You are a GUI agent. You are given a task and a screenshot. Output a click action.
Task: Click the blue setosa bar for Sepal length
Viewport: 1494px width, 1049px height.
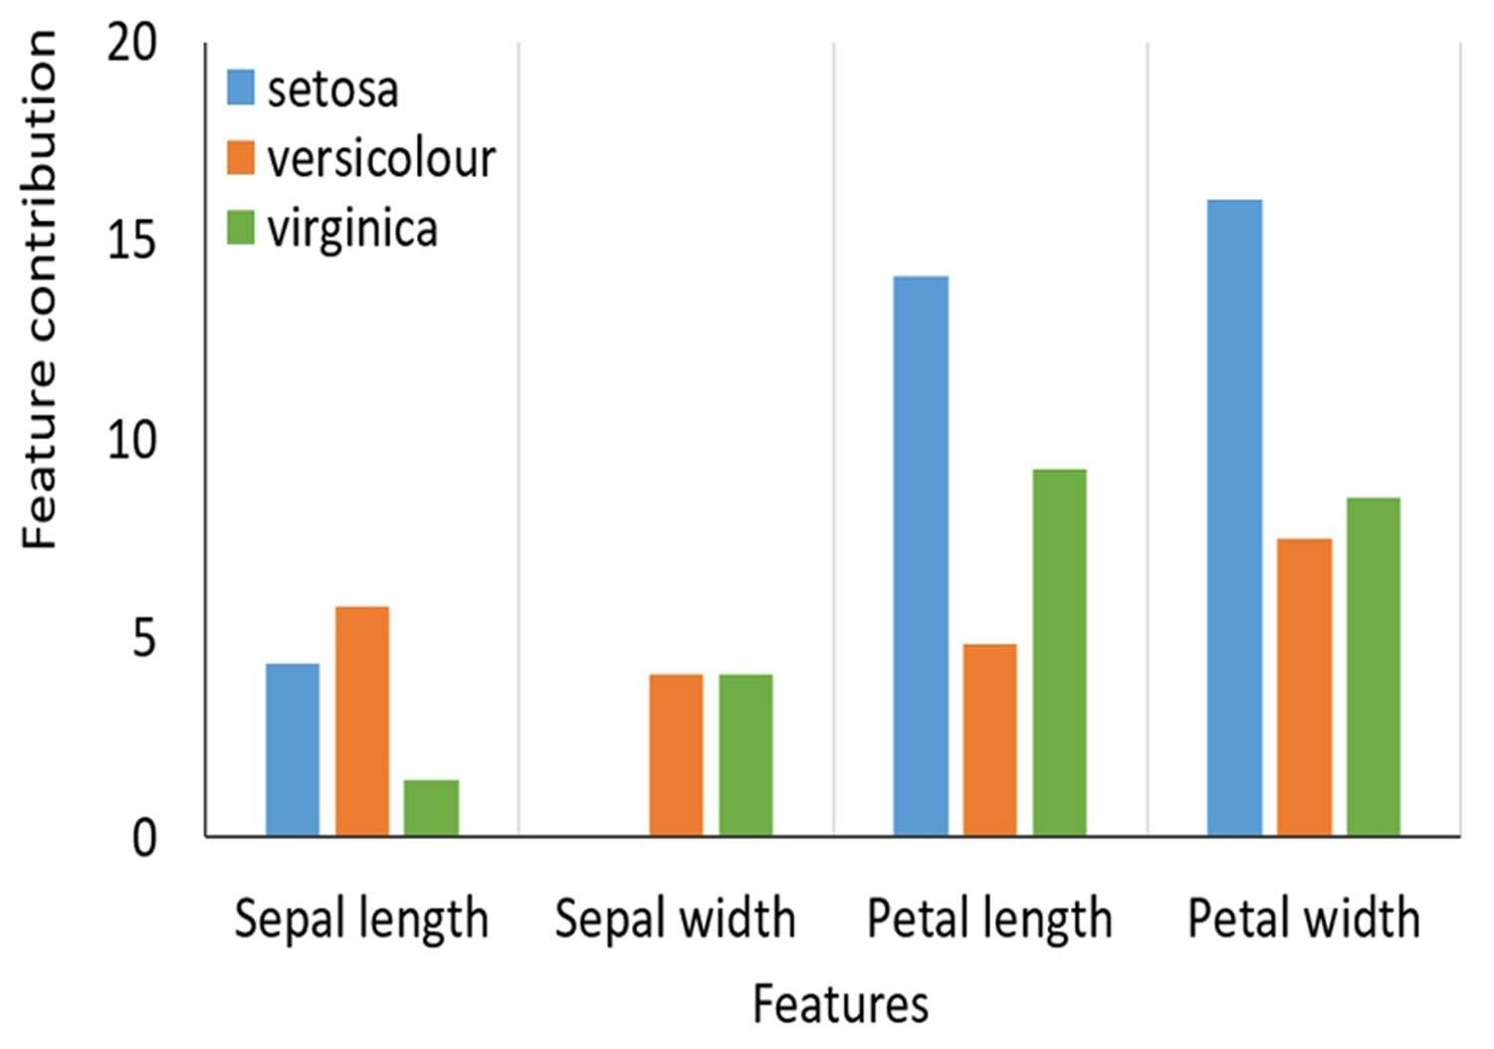coord(292,748)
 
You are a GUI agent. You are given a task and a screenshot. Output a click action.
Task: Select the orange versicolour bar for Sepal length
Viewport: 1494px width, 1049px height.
coord(362,721)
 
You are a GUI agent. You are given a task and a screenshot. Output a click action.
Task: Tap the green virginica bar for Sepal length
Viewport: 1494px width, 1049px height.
coord(432,807)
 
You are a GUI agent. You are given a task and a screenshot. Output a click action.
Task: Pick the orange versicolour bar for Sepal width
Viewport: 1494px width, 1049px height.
coord(676,755)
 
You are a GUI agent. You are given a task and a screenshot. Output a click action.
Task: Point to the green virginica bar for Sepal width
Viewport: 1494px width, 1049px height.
coord(746,755)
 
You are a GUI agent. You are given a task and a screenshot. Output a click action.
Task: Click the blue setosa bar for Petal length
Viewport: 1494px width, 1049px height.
coord(921,555)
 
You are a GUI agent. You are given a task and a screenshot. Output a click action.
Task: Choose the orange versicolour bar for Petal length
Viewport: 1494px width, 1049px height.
coord(990,739)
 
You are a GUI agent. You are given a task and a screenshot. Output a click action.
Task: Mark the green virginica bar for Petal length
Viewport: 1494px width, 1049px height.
coord(1060,652)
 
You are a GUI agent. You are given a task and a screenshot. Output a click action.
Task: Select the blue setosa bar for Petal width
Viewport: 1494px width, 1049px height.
coord(1234,518)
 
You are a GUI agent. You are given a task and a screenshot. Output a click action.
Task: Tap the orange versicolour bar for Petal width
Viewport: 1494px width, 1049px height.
coord(1305,687)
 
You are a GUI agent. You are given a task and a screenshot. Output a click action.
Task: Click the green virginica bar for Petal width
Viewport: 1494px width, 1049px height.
coord(1374,666)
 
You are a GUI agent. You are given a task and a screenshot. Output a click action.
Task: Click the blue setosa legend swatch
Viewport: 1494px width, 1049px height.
coord(241,88)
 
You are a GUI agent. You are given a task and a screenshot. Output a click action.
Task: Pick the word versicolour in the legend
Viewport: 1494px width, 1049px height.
coord(381,158)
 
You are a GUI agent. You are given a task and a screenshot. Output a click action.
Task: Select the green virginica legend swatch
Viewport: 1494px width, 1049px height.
coord(241,227)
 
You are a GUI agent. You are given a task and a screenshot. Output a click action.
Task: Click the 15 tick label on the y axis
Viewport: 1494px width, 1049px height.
coord(131,241)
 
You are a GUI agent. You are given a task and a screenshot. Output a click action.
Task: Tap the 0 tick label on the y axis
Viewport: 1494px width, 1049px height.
coord(144,838)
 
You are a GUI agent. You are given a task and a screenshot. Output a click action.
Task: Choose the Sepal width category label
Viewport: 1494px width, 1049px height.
coord(676,919)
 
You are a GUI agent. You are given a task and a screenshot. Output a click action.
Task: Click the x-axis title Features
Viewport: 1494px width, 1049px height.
coord(840,1003)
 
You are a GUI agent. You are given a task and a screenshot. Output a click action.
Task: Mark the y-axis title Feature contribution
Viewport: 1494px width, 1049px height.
coord(39,290)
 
